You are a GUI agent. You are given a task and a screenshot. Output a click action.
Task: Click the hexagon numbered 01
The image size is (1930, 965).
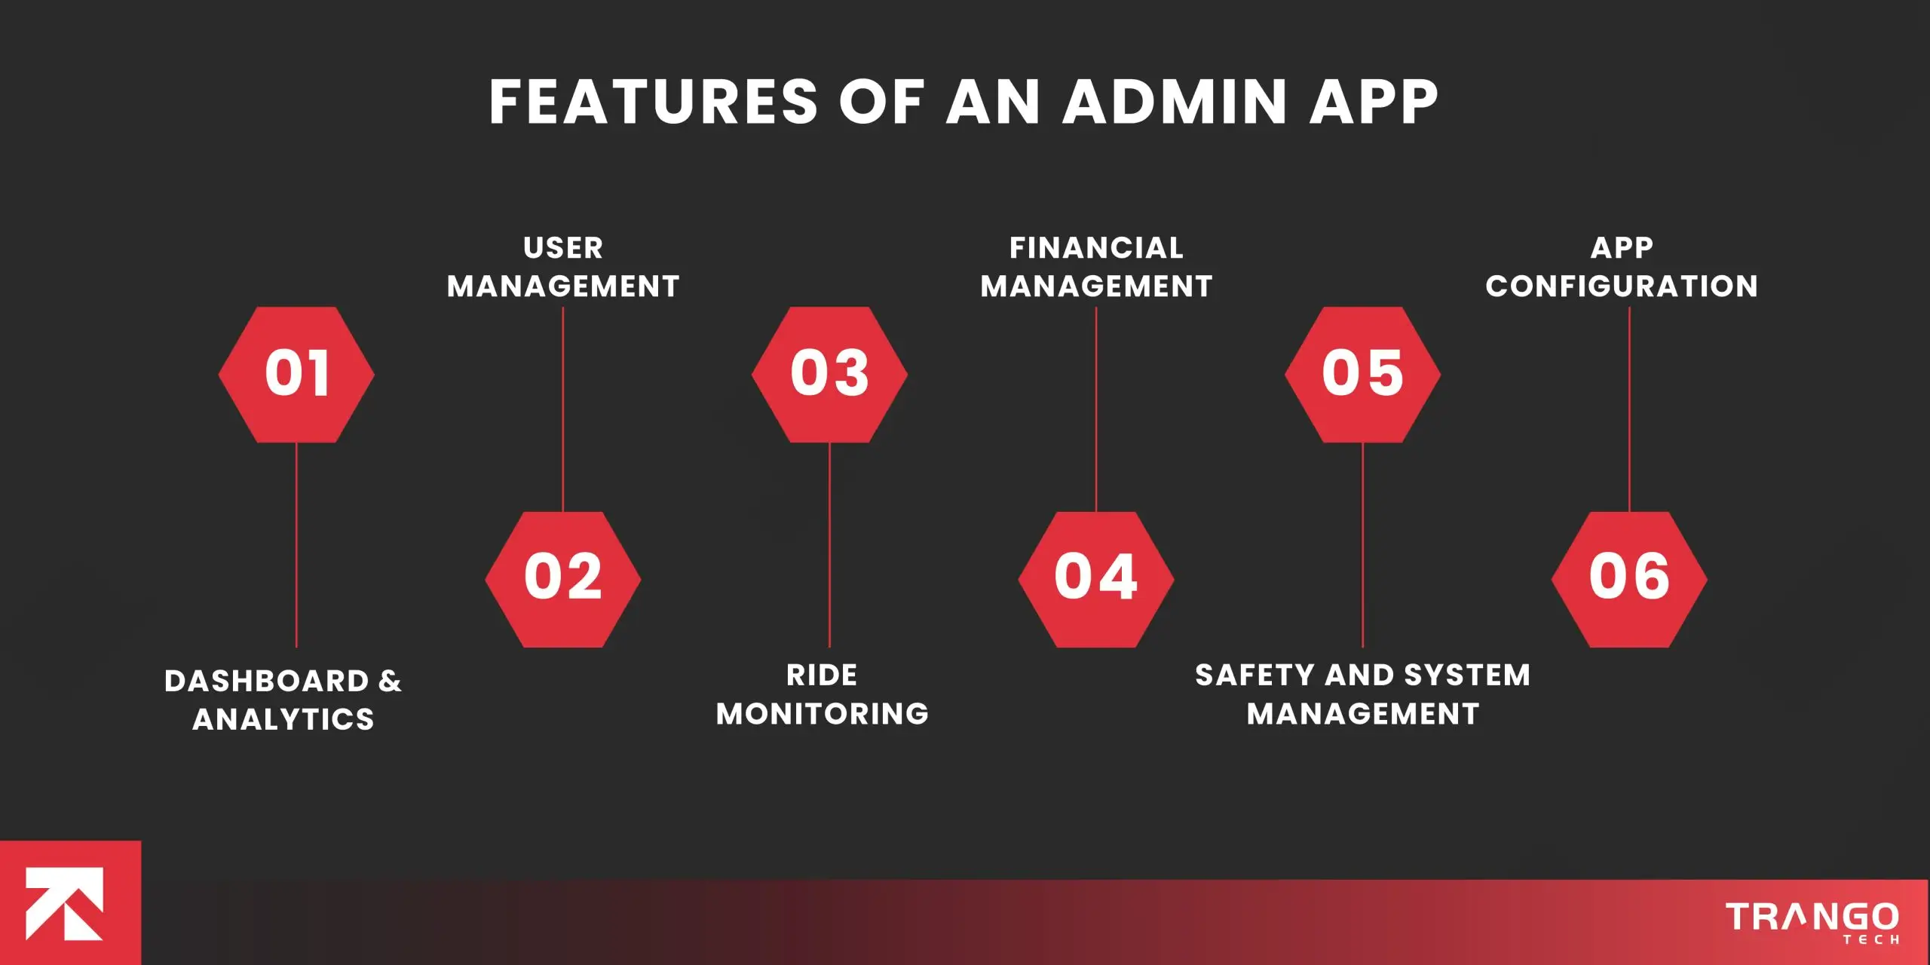(x=296, y=374)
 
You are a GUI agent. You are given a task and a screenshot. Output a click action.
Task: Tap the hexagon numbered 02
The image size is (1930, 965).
(x=563, y=579)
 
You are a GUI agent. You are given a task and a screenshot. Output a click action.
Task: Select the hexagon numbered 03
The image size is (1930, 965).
(x=829, y=374)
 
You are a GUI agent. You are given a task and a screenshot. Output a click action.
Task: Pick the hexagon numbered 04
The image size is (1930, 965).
(x=1096, y=579)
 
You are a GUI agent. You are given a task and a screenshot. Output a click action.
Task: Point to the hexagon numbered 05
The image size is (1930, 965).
(x=1363, y=374)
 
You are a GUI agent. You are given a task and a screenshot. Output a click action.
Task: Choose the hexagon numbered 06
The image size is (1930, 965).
(x=1629, y=579)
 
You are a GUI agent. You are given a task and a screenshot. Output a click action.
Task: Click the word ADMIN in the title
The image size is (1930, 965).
(x=1175, y=102)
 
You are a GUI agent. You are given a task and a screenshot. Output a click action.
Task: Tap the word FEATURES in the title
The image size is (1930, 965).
(x=654, y=102)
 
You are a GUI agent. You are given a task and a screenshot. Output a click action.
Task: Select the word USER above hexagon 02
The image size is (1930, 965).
(x=563, y=248)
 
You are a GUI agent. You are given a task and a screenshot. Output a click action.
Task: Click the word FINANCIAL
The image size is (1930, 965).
(x=1096, y=248)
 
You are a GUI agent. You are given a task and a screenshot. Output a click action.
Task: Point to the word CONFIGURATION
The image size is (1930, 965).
(x=1622, y=286)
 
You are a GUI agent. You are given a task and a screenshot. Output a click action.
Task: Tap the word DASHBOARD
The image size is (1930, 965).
(x=267, y=681)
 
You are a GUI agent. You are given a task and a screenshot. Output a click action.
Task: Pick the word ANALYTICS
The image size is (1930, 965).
(x=283, y=719)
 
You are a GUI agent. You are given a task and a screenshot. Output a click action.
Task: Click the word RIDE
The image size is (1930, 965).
(x=822, y=675)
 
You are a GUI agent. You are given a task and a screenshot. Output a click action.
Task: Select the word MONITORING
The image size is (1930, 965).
(x=823, y=714)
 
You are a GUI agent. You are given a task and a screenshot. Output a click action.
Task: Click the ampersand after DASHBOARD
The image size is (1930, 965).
(x=390, y=681)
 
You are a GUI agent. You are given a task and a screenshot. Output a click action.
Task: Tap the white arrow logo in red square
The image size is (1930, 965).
(x=65, y=904)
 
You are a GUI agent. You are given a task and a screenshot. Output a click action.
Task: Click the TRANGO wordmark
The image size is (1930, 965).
(x=1812, y=917)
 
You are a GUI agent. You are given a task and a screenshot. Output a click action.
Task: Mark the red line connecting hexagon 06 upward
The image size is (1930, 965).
(x=1629, y=409)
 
